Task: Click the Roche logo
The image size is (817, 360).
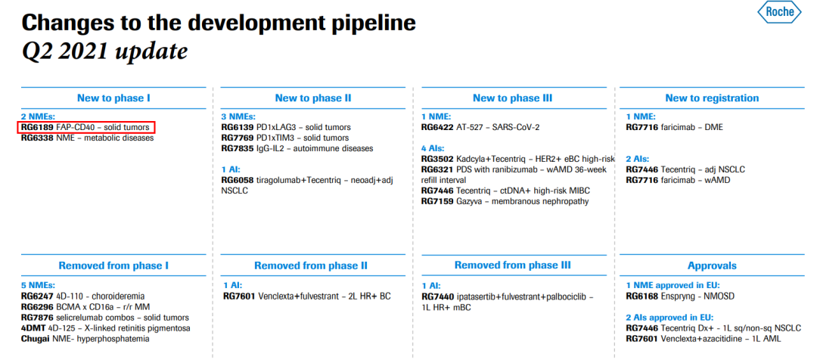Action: pos(779,13)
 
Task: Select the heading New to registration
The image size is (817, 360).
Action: pos(712,98)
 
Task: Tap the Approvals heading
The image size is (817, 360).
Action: pos(712,265)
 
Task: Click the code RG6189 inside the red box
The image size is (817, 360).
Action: pos(37,127)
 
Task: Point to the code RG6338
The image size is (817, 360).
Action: pos(37,138)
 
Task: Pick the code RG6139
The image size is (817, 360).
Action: pos(237,127)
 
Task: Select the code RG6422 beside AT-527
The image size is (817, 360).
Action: pos(437,127)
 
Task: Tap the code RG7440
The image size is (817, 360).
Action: pos(437,296)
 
